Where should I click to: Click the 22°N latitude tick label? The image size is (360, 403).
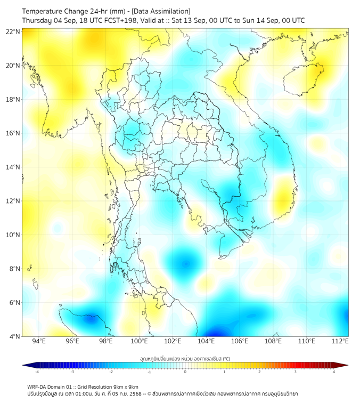(13, 31)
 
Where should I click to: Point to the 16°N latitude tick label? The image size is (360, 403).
(13, 133)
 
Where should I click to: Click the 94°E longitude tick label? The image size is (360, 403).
(39, 341)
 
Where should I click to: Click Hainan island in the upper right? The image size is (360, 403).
(304, 80)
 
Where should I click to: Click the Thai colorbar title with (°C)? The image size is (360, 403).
(185, 358)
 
